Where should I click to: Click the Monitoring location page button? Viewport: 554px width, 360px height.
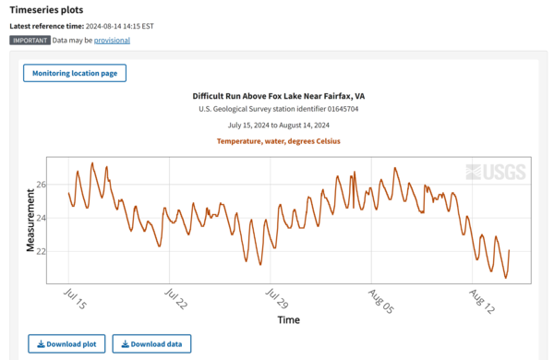click(x=75, y=73)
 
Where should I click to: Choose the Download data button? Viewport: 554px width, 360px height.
click(x=151, y=344)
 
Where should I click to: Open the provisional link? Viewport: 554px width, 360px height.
click(x=111, y=41)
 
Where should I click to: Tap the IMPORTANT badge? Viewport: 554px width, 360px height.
click(x=30, y=41)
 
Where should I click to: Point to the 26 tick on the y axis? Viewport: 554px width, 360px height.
click(x=41, y=185)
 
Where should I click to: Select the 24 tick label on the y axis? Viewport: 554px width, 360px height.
click(x=41, y=218)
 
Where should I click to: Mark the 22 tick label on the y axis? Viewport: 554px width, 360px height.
click(x=41, y=251)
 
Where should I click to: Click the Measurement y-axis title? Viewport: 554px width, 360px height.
click(x=30, y=219)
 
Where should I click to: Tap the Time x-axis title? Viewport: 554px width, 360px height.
click(x=288, y=320)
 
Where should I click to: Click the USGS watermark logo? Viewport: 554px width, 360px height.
click(x=496, y=172)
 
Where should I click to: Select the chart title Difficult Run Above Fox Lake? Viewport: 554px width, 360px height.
click(x=278, y=96)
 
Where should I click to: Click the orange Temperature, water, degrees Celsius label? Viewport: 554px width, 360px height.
click(x=278, y=141)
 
